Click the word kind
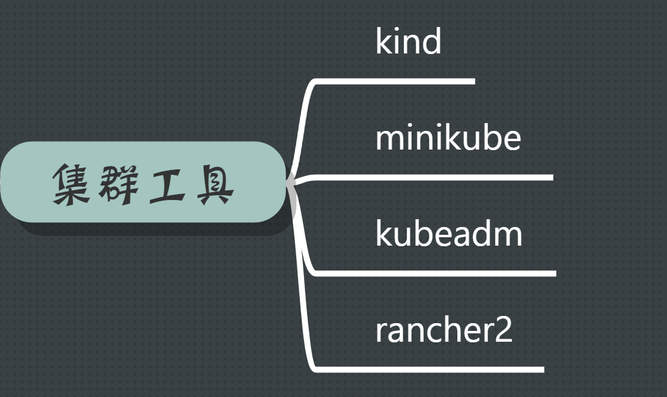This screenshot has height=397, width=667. point(408,41)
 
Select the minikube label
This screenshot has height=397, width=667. point(448,138)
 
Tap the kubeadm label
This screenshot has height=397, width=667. point(448,234)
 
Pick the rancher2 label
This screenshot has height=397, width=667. point(443,330)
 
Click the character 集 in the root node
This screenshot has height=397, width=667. point(72,183)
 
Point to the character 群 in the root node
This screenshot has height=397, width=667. point(121,183)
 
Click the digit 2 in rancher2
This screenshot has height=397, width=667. point(504,331)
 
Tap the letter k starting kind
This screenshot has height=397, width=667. point(382,41)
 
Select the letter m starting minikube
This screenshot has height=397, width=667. point(388,139)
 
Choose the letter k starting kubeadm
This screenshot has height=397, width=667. point(382,234)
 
